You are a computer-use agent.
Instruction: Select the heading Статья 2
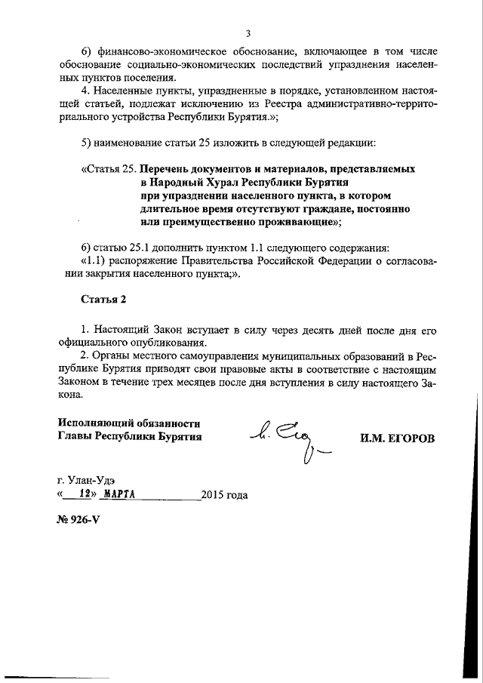[103, 299]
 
